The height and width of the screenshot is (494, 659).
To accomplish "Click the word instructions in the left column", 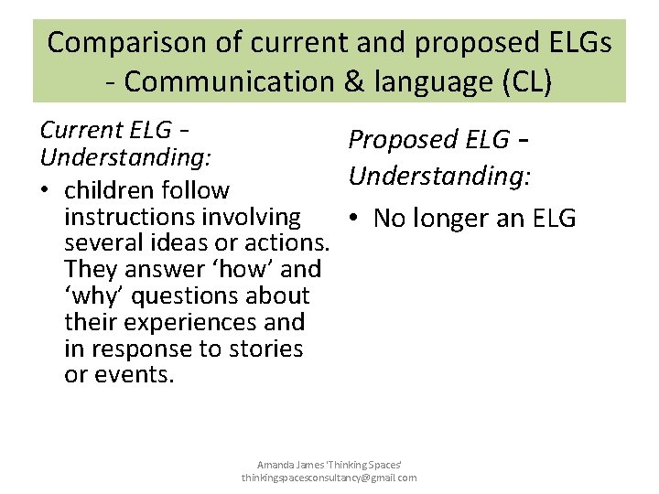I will pos(131,218).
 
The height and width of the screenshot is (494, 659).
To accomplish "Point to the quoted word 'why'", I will pos(90,296).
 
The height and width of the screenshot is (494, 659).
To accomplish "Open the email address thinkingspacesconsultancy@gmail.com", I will pos(329,478).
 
